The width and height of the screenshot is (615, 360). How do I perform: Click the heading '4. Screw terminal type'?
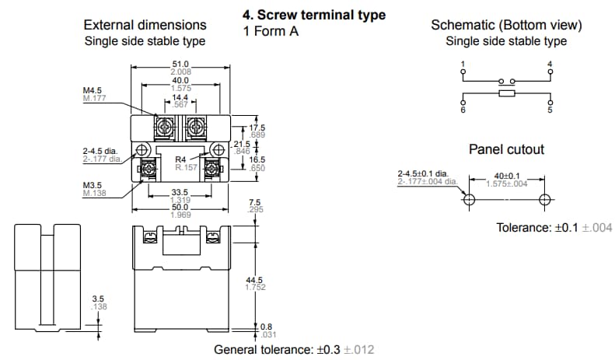click(314, 16)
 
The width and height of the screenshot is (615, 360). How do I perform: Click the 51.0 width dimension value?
click(180, 65)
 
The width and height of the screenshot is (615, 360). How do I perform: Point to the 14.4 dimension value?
click(180, 97)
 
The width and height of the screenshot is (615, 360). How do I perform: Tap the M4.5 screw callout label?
click(94, 90)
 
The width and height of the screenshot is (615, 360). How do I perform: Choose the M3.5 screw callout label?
click(94, 185)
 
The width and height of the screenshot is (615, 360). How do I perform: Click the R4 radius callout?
click(180, 159)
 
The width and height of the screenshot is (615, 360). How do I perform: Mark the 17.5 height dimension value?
click(257, 128)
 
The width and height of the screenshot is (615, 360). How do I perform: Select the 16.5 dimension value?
click(257, 159)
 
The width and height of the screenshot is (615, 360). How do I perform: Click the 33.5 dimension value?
click(180, 193)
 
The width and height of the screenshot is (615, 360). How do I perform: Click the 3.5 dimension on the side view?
click(98, 299)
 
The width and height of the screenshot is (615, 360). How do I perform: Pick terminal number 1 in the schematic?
click(463, 63)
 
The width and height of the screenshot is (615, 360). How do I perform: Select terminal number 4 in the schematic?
click(550, 63)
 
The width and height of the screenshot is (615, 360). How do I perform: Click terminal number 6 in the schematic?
click(463, 110)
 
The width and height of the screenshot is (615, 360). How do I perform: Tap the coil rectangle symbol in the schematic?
click(507, 94)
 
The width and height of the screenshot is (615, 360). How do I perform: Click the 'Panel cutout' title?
click(506, 149)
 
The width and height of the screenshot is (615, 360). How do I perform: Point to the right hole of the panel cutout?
click(545, 199)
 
